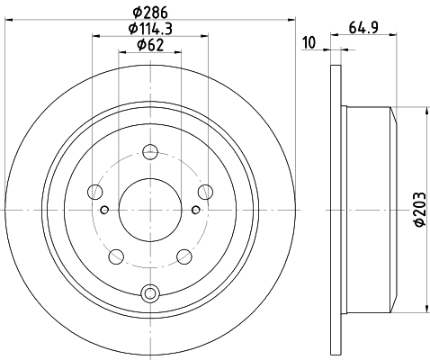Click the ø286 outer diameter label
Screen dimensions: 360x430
click(x=151, y=12)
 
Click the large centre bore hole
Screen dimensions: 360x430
click(x=150, y=210)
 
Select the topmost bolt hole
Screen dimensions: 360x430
click(x=150, y=150)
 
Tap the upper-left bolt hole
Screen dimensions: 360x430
click(x=94, y=190)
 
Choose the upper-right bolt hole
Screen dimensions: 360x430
click(x=206, y=190)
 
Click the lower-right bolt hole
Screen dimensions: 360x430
click(x=184, y=256)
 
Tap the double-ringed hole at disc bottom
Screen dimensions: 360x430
click(x=150, y=291)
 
